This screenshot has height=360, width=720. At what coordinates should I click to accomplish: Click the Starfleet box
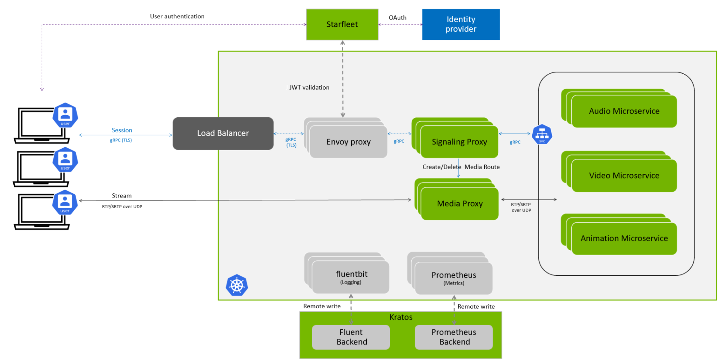(342, 24)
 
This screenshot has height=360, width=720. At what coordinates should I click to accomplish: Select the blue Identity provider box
(461, 24)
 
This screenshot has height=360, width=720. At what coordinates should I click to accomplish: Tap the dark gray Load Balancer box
(223, 133)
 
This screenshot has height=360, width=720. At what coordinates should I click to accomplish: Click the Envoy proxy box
(348, 142)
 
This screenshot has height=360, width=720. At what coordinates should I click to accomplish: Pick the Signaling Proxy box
(459, 142)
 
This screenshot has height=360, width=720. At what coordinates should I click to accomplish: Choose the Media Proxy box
(460, 204)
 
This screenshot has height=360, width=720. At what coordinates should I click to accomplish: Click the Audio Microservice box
(624, 111)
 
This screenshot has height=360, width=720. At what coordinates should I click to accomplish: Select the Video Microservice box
(624, 176)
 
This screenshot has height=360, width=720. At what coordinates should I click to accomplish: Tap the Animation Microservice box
(624, 238)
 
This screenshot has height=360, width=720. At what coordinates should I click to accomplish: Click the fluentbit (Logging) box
(351, 277)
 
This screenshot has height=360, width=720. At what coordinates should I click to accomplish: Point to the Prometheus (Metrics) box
(453, 278)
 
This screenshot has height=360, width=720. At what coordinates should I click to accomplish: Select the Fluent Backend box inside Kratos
(351, 337)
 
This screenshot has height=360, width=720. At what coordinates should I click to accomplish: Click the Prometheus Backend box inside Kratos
(454, 337)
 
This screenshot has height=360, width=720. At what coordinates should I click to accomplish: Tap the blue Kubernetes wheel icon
(237, 285)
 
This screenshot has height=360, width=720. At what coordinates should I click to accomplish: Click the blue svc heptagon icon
(542, 134)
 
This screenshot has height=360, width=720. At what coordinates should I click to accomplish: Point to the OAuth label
(397, 18)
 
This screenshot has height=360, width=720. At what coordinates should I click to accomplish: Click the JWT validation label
(309, 87)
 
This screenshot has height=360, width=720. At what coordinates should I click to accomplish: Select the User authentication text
(177, 16)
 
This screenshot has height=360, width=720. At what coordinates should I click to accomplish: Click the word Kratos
(401, 317)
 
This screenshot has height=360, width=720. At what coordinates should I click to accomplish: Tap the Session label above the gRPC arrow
(122, 130)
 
